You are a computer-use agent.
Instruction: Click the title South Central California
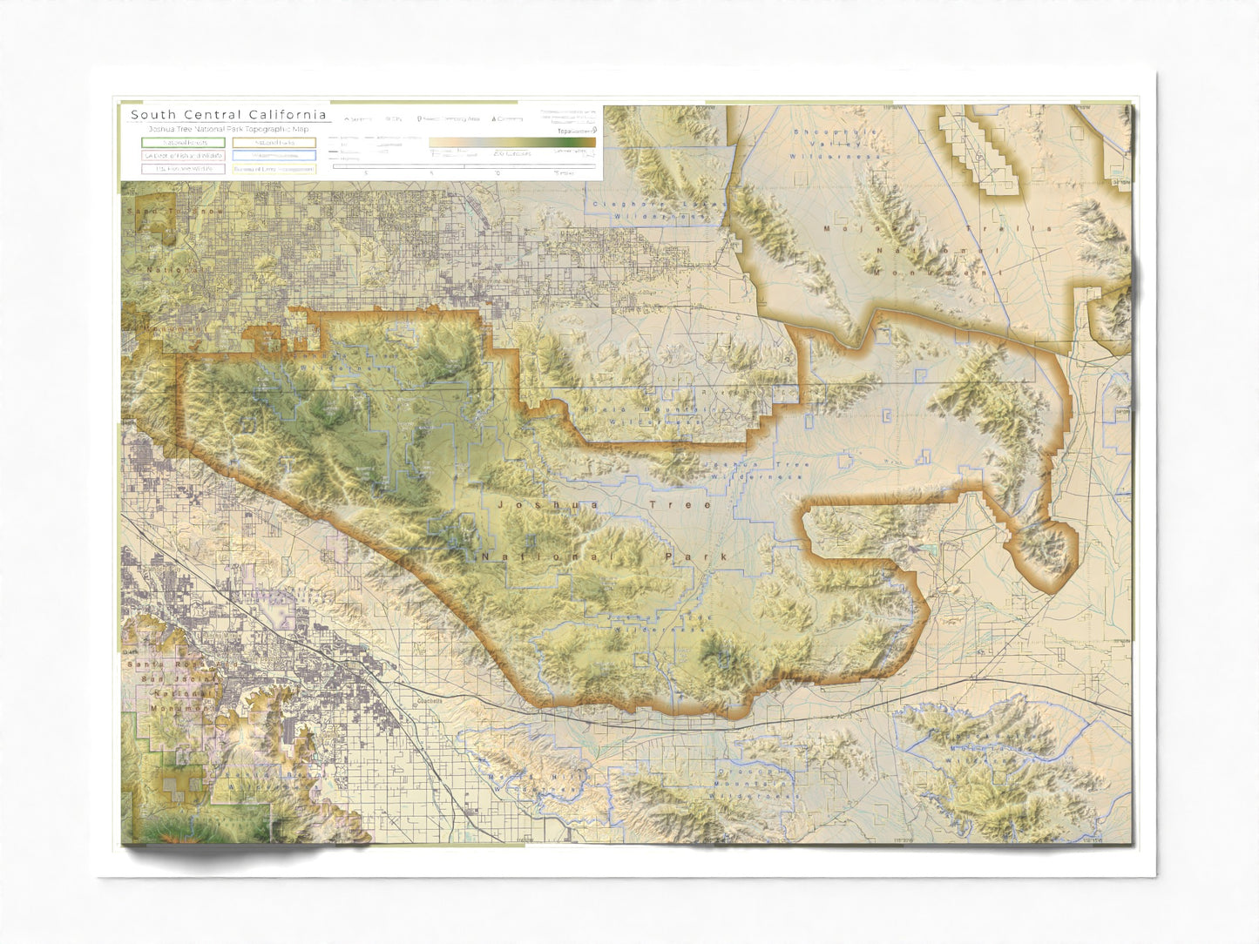click(228, 114)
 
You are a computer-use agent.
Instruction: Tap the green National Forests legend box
click(184, 142)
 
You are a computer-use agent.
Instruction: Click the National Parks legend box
click(274, 142)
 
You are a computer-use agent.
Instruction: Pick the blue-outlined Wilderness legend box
click(274, 156)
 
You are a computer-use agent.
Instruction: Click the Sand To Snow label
click(174, 212)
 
